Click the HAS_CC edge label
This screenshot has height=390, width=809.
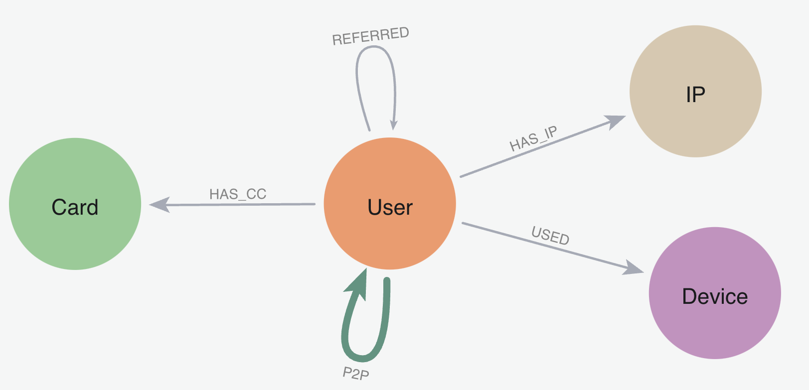pyautogui.click(x=238, y=194)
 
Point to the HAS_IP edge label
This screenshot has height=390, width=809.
pyautogui.click(x=533, y=139)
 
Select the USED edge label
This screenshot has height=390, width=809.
pyautogui.click(x=550, y=235)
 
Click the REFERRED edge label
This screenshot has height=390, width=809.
pyautogui.click(x=370, y=36)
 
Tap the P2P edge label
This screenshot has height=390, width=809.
pyautogui.click(x=356, y=373)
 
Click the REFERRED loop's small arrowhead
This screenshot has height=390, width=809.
pyautogui.click(x=394, y=125)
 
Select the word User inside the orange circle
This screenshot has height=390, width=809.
pyautogui.click(x=390, y=207)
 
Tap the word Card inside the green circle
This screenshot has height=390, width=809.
pyautogui.click(x=75, y=207)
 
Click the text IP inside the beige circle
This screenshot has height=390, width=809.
pyautogui.click(x=695, y=94)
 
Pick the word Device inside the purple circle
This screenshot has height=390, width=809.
pyautogui.click(x=715, y=296)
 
